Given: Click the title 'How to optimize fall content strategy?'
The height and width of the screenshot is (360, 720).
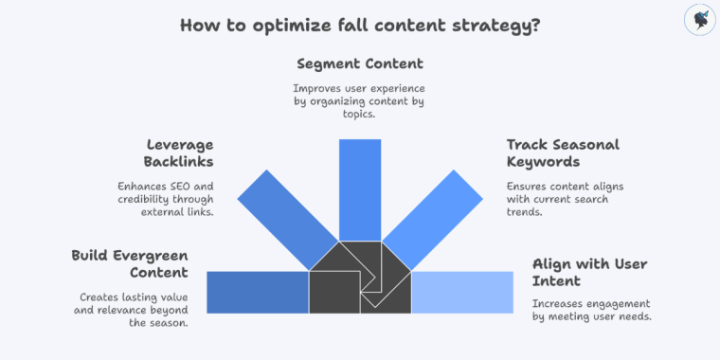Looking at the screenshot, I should (x=360, y=25).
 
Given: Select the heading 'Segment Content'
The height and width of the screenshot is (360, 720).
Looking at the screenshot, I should (x=360, y=64).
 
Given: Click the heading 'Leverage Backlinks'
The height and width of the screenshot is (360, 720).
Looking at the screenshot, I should (x=180, y=153).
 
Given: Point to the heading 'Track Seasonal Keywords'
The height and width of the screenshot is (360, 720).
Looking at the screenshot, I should (x=563, y=153).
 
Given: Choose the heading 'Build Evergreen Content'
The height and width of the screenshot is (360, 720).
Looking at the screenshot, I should (x=129, y=264).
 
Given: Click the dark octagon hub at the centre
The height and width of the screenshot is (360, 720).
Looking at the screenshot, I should (x=360, y=278).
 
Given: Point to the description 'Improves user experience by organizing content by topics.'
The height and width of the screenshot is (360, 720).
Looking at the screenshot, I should (x=360, y=99).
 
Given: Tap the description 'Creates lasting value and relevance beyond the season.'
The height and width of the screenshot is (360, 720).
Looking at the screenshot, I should (x=133, y=309).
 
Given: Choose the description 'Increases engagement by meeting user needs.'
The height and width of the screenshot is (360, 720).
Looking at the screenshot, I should (x=592, y=310).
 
